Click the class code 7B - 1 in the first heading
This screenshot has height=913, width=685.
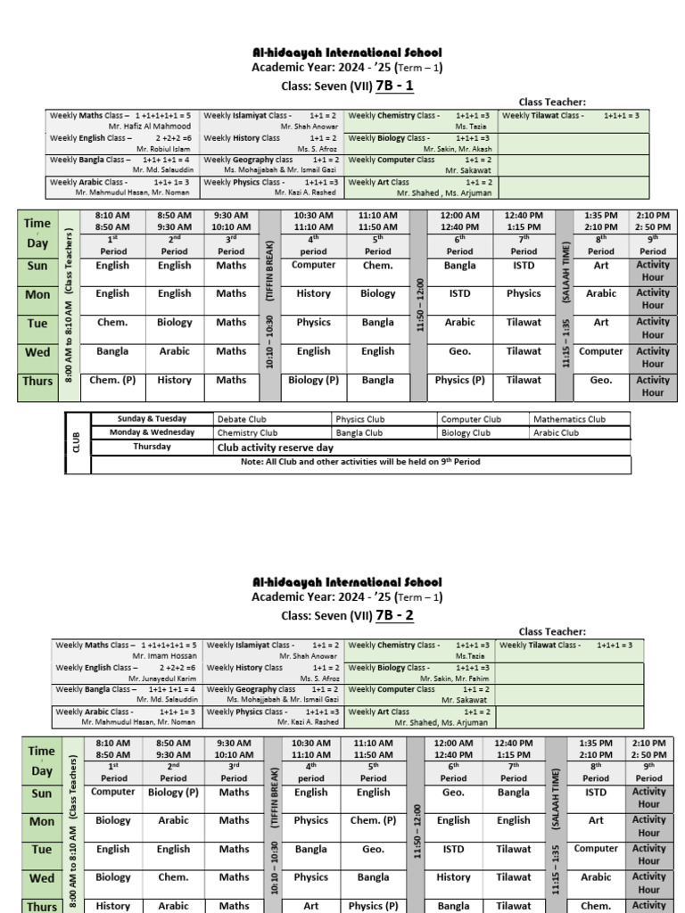point(394,86)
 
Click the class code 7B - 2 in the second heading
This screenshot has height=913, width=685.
point(394,615)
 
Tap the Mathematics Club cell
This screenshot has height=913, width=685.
point(569,419)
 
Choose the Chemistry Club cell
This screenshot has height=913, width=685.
point(247,432)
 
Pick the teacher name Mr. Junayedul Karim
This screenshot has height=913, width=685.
point(162,678)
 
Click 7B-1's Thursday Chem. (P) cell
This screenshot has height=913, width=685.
point(112,380)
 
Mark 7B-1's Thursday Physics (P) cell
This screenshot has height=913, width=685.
point(460,380)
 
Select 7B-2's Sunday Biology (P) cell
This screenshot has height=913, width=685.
point(173,792)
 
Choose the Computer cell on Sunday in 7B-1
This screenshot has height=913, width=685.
point(314,265)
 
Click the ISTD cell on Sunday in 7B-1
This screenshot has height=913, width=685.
point(524,265)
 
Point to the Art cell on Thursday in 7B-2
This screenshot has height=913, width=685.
point(310,906)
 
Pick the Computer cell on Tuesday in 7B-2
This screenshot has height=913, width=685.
point(596,849)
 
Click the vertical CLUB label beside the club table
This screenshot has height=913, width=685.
point(77,441)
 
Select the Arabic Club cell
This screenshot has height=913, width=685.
point(556,432)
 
